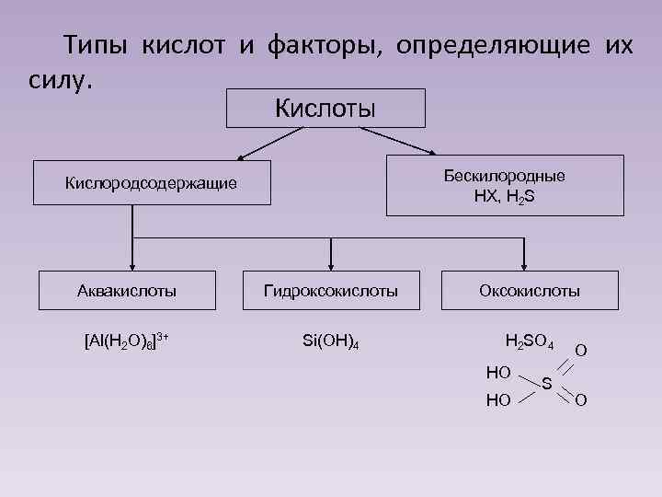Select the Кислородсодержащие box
coord(151,183)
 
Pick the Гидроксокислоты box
coord(331,291)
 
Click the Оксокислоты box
coord(530,291)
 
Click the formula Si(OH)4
coord(330,341)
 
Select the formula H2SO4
coord(530,343)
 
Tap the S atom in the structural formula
coord(547,383)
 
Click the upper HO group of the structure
coord(498,371)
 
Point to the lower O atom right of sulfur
coord(581,400)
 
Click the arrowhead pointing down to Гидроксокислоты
coord(331,263)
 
